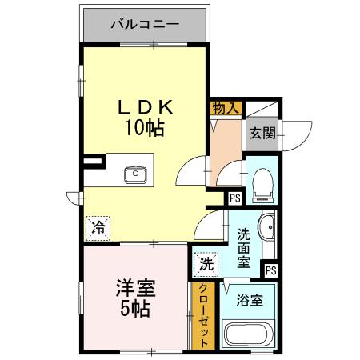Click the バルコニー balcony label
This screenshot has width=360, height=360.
click(145, 24)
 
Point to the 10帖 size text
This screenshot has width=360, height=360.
click(144, 128)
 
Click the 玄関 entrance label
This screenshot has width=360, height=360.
click(261, 133)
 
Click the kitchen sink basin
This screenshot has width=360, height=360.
click(134, 174)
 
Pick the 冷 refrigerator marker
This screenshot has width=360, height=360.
click(98, 226)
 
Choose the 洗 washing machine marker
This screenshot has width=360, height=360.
click(206, 262)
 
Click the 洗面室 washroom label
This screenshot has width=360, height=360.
click(245, 247)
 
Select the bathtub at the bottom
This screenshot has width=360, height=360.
click(248, 334)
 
